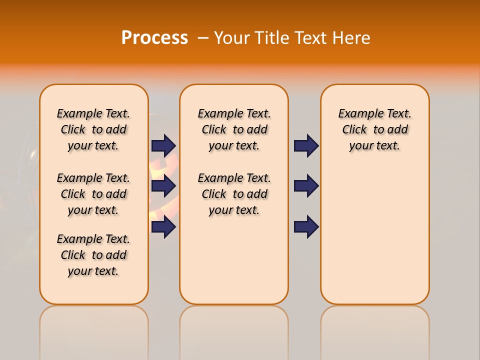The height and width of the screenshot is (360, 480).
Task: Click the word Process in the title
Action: [x=154, y=38]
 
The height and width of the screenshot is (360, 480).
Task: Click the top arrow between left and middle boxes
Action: [x=163, y=145]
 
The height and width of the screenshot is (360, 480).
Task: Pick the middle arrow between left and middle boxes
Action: [x=163, y=186]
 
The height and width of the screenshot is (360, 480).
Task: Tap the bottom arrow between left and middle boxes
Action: [x=163, y=227]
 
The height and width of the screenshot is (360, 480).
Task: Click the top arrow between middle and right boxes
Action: [x=306, y=145]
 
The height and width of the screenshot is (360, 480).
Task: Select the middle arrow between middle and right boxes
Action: [x=306, y=186]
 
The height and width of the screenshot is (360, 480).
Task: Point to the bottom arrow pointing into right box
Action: [x=306, y=227]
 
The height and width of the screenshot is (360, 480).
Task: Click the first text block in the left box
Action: [x=93, y=129]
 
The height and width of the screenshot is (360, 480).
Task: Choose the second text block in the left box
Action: [x=93, y=194]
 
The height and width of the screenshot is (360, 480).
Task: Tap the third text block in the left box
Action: [x=93, y=255]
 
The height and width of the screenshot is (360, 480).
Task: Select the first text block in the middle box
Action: [x=234, y=129]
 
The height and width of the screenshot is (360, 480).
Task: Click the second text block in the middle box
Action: [x=234, y=194]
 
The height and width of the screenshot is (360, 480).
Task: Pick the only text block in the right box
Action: [x=374, y=129]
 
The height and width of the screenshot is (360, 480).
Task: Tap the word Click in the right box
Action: [x=354, y=130]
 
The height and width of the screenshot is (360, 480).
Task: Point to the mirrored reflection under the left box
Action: [x=94, y=330]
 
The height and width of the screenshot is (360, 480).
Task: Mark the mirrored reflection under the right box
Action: [x=374, y=330]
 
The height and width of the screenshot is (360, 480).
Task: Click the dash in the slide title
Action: [x=203, y=38]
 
